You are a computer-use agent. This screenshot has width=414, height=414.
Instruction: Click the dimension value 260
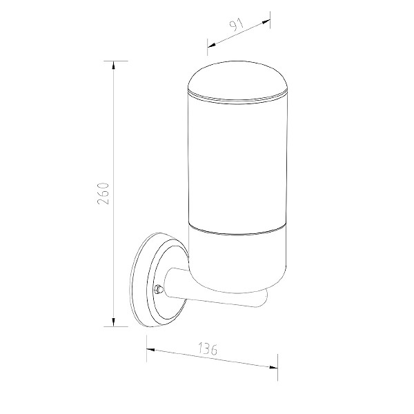point(103,193)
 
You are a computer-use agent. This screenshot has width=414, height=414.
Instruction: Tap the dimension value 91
point(236,25)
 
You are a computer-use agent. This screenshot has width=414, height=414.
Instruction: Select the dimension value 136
point(208,348)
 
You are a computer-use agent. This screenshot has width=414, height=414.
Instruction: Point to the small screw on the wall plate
point(159,288)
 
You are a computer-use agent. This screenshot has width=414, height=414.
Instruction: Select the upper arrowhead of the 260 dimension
point(114,65)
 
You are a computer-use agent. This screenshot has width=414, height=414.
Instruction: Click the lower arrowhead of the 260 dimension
point(114,322)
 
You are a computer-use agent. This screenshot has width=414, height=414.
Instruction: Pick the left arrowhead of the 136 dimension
point(150,350)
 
